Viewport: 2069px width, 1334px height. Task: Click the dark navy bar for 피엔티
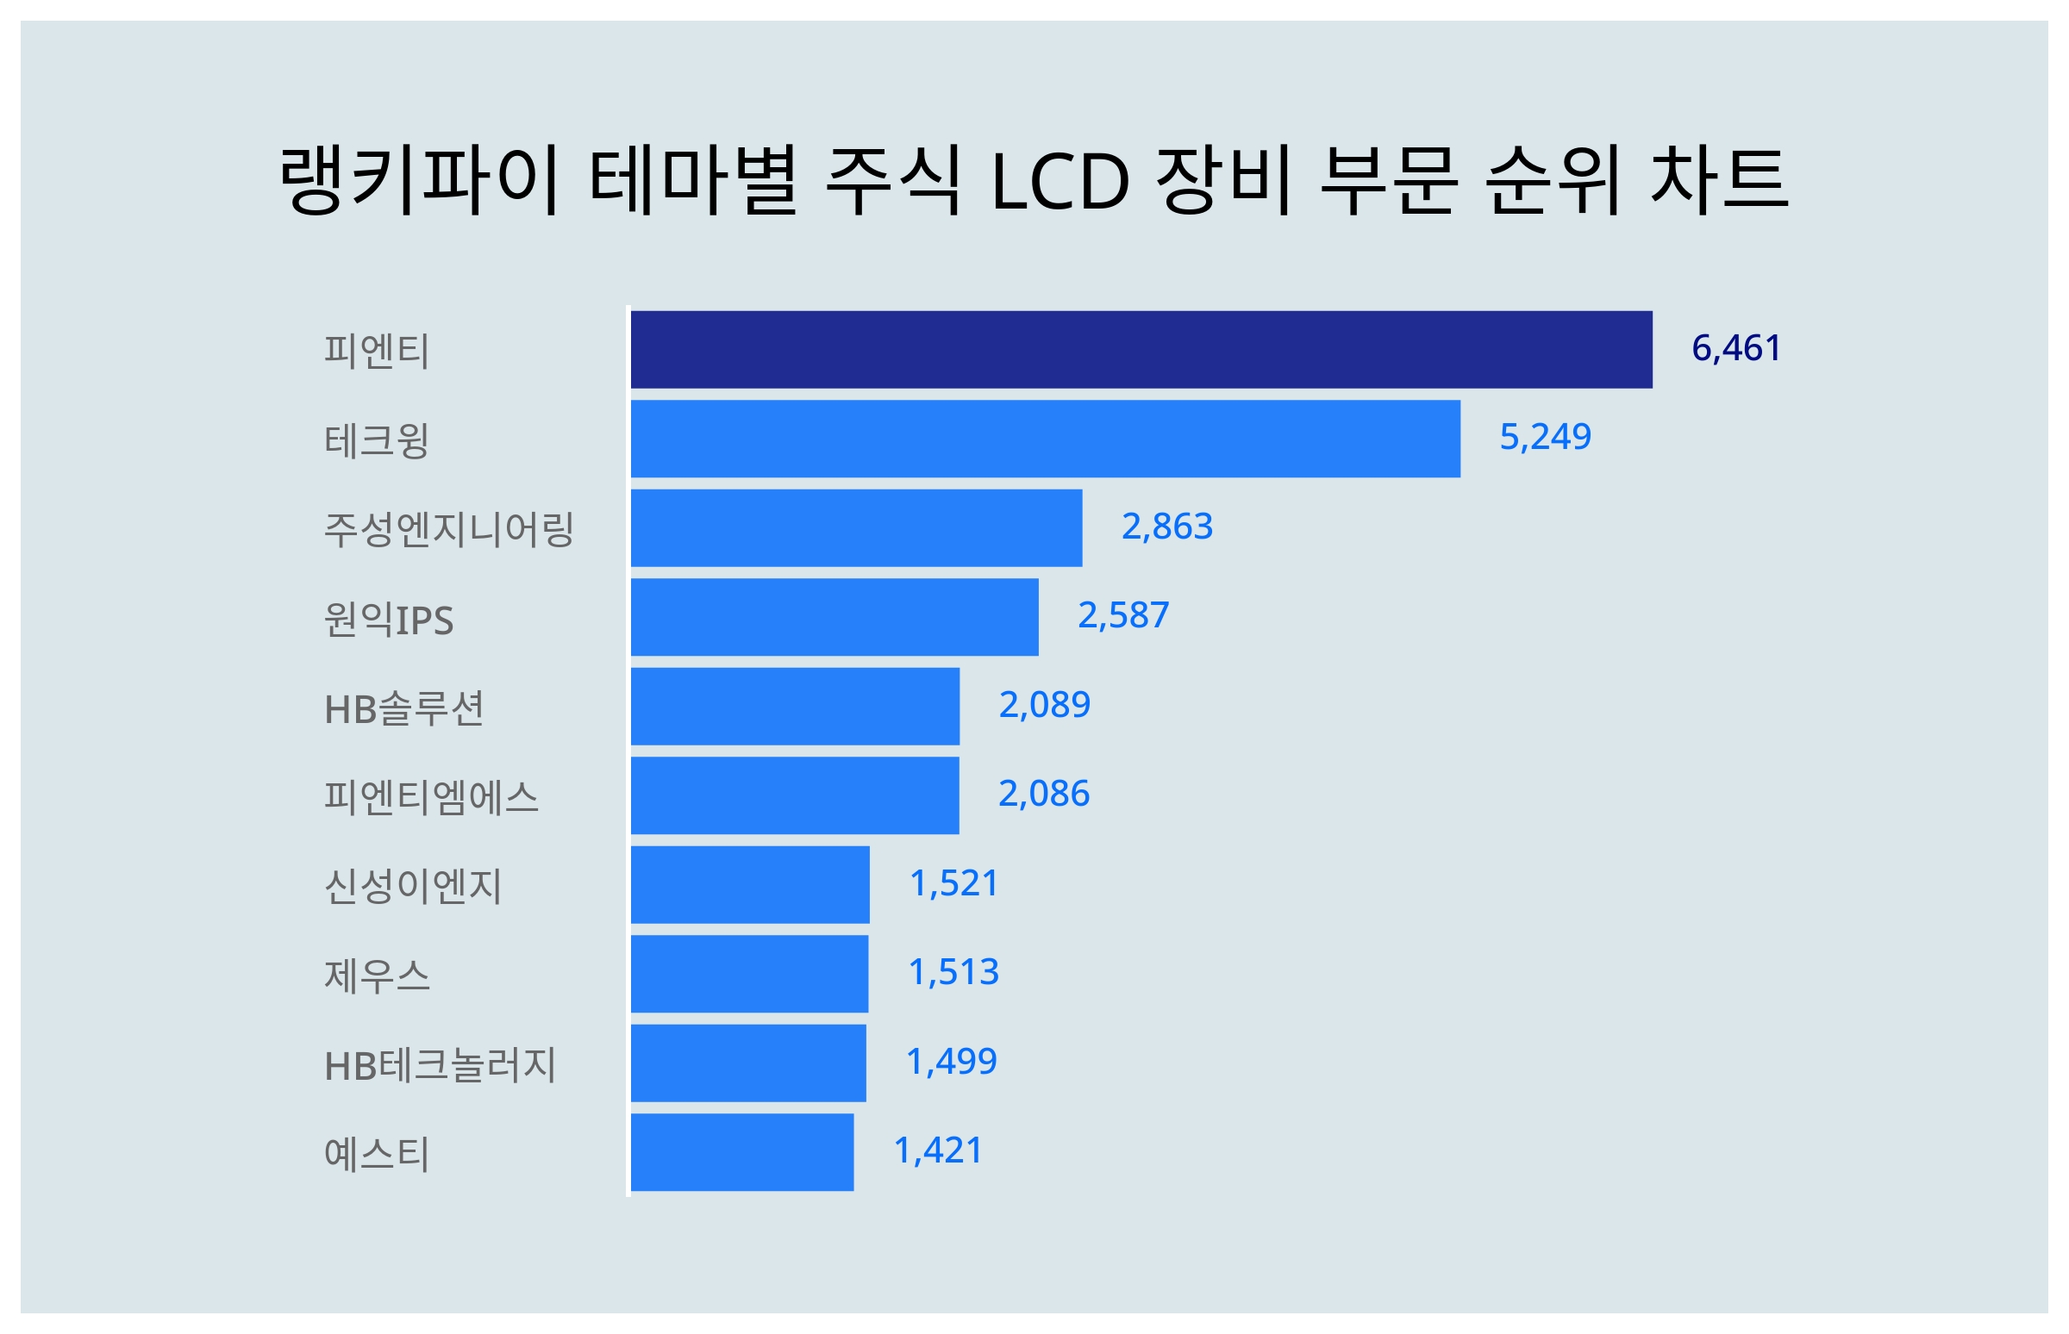(x=1141, y=349)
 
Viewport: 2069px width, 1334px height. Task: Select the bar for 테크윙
(x=1044, y=439)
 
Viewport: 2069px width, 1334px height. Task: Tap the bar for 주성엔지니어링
(x=855, y=527)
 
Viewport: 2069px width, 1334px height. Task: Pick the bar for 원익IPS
(x=834, y=617)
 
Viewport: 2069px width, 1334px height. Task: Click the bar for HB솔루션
(x=794, y=706)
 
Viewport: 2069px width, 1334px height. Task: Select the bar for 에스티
(x=741, y=1152)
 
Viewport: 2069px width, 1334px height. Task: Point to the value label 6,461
(x=1735, y=348)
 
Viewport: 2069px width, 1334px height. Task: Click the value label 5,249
(x=1544, y=438)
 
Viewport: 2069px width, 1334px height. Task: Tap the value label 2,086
(x=1043, y=794)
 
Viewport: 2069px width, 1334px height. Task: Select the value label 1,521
(x=953, y=883)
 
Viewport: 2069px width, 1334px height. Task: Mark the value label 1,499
(x=951, y=1061)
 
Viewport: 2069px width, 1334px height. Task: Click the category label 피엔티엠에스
(x=430, y=797)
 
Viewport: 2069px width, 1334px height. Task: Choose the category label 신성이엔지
(x=412, y=886)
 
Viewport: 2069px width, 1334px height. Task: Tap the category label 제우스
(x=376, y=976)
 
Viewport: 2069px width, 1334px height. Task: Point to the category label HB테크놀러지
(x=440, y=1064)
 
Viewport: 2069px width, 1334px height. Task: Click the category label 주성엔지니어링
(x=448, y=529)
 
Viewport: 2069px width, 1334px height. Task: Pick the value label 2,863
(x=1166, y=527)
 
